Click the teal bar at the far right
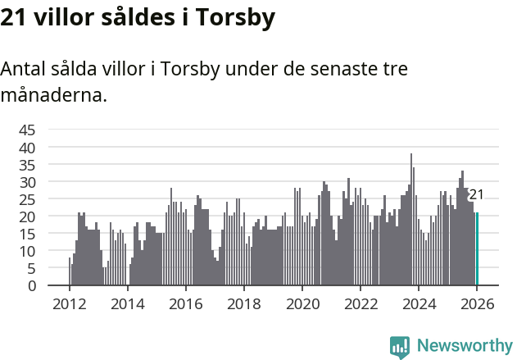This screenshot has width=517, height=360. [x=477, y=249]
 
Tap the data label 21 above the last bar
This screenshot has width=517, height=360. [x=476, y=195]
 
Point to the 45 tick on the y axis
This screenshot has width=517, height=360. [x=27, y=130]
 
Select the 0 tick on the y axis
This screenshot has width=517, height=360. [x=32, y=285]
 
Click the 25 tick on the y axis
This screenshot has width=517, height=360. [x=27, y=199]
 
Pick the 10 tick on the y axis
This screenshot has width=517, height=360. [x=27, y=251]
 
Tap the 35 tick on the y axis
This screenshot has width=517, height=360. [x=27, y=164]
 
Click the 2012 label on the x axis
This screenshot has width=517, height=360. [x=69, y=303]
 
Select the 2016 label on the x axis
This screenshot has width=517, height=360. [x=185, y=303]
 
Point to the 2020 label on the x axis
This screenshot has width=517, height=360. [x=302, y=303]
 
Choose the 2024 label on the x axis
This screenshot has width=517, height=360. [x=418, y=303]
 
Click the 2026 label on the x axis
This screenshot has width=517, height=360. [x=476, y=303]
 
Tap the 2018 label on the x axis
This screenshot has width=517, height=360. [x=243, y=303]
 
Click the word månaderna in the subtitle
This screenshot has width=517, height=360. [x=53, y=95]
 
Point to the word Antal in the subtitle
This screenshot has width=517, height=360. [x=25, y=69]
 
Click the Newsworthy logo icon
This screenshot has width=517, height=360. [x=400, y=346]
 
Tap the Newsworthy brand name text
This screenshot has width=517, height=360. [x=465, y=346]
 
